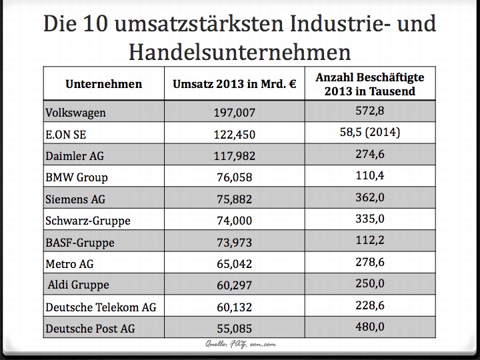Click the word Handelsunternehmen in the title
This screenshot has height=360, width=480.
point(239,51)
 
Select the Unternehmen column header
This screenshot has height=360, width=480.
point(103,84)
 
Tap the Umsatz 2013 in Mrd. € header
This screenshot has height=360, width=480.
point(234,84)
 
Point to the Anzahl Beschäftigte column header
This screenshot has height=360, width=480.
point(369,84)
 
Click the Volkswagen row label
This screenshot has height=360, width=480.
point(75,113)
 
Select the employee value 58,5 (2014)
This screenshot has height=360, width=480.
point(369,133)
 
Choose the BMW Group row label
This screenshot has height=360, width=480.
point(77,177)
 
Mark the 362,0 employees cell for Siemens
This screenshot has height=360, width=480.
point(369,198)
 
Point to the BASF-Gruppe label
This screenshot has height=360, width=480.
point(81,242)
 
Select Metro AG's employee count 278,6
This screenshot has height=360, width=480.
point(369,262)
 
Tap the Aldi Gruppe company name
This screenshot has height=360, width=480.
point(78,285)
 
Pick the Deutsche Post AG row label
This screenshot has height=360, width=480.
point(91,328)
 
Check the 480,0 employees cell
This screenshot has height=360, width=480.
point(369,327)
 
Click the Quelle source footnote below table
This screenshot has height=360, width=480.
point(240,344)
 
